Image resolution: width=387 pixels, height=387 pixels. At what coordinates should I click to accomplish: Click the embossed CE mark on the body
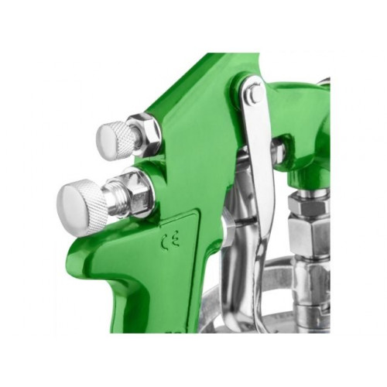click(x=170, y=241)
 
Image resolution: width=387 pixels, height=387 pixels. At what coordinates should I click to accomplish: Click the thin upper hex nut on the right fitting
click(x=308, y=204)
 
